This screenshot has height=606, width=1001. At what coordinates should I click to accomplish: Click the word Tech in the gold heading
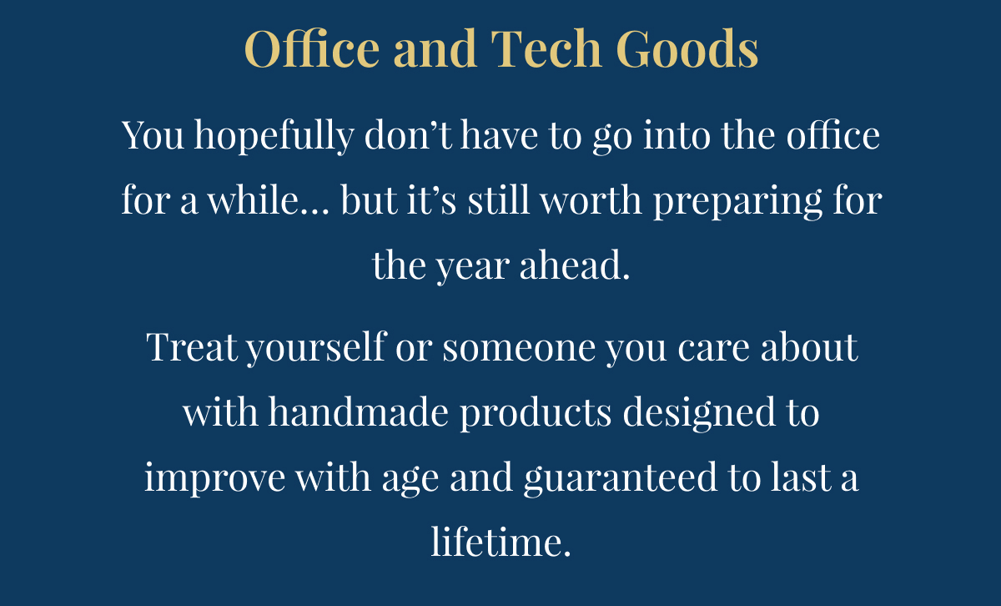pyautogui.click(x=546, y=48)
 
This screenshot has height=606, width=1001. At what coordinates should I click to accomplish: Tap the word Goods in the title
pyautogui.click(x=687, y=48)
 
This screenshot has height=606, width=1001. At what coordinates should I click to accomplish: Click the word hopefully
pyautogui.click(x=274, y=136)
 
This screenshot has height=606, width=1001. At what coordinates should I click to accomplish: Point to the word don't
pyautogui.click(x=408, y=134)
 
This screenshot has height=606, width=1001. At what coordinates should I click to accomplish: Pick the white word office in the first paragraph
pyautogui.click(x=833, y=134)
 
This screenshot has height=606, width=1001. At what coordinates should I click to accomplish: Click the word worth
pyautogui.click(x=591, y=199)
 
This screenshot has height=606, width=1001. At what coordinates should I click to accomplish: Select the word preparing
pyautogui.click(x=737, y=202)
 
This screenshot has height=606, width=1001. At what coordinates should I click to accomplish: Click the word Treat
pyautogui.click(x=192, y=346)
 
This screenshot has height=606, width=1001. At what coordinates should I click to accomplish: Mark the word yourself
pyautogui.click(x=317, y=348)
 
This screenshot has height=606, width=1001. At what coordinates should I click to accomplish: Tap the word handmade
pyautogui.click(x=358, y=412)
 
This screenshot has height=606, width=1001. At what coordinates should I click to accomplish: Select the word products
pyautogui.click(x=536, y=414)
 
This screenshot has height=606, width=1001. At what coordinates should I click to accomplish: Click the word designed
pyautogui.click(x=699, y=414)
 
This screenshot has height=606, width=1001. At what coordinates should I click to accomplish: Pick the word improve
pyautogui.click(x=215, y=478)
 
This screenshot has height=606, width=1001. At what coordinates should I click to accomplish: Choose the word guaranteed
pyautogui.click(x=620, y=478)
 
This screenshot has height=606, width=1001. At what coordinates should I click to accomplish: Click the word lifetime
pyautogui.click(x=500, y=542)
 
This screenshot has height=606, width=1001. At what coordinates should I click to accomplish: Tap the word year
pyautogui.click(x=473, y=267)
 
